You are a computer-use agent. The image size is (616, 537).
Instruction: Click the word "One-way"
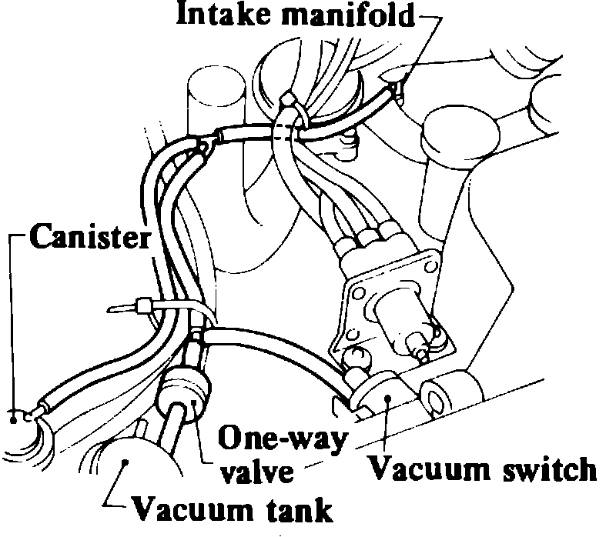[x=282, y=439]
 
